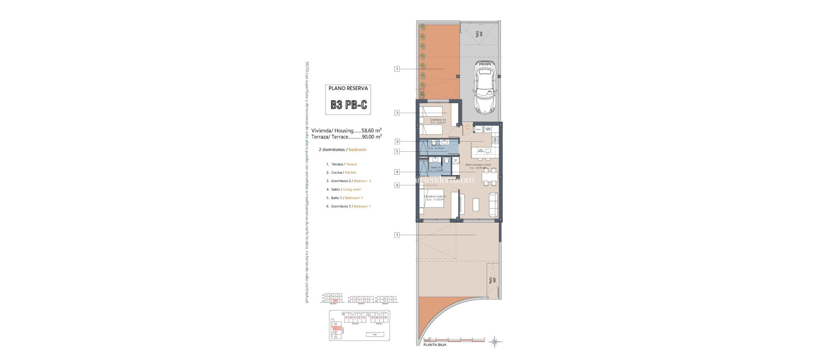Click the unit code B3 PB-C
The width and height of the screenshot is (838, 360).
[x=349, y=105]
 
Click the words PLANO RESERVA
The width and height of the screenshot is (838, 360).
[x=348, y=88]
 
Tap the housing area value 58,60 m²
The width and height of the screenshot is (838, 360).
[x=372, y=130]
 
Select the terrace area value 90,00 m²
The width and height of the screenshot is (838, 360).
[x=372, y=137]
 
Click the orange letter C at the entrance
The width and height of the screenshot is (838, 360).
[x=467, y=128]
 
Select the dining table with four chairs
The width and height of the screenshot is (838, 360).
[x=489, y=177]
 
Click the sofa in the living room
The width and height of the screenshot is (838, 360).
[x=493, y=205]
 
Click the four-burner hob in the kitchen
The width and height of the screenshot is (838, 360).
[x=495, y=140]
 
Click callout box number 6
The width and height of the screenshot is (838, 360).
[x=397, y=185]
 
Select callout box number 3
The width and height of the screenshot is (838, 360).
[x=397, y=113]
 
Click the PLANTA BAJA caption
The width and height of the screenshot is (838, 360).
[x=435, y=345]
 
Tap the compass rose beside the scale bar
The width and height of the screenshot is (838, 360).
[x=495, y=341]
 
